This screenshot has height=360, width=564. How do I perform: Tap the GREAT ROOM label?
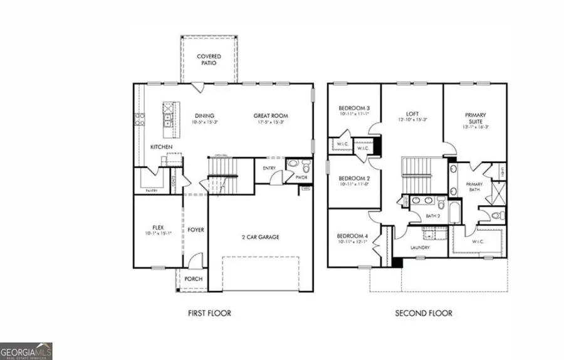click(x=271, y=115)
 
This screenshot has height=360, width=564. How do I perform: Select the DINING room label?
click(x=204, y=115)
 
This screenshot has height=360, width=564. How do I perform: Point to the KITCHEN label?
click(x=161, y=147)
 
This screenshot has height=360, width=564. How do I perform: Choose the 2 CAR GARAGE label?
click(x=261, y=237)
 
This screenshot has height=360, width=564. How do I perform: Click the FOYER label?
click(x=196, y=230)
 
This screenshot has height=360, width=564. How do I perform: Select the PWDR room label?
click(x=302, y=177)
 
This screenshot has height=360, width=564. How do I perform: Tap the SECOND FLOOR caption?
click(x=423, y=313)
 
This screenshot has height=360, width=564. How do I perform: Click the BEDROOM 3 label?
click(x=354, y=107)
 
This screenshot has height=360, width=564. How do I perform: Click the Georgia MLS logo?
click(x=26, y=350)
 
